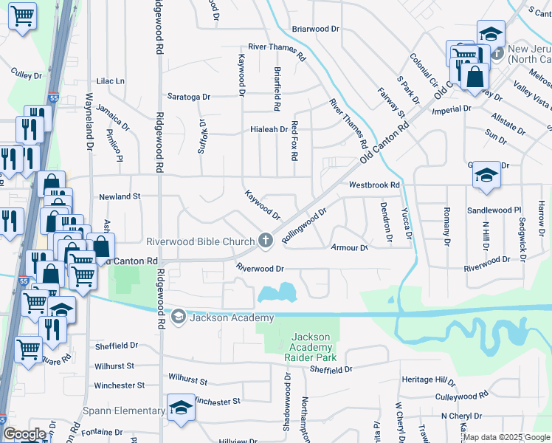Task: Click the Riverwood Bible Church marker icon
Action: coord(266,241)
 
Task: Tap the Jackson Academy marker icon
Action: coord(178,317)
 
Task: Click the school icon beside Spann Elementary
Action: coord(179,408)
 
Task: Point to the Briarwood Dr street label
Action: coord(315,29)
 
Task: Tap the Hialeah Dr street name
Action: coord(268,129)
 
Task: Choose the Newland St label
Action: coord(120,196)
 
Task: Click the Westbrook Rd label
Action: coord(374,185)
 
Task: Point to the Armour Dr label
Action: coord(349,247)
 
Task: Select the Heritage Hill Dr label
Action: coord(429,380)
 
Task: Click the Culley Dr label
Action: coord(29,72)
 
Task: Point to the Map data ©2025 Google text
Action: coord(506,437)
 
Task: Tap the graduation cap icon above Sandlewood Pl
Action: coord(486,176)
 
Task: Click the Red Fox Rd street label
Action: coord(294,141)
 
